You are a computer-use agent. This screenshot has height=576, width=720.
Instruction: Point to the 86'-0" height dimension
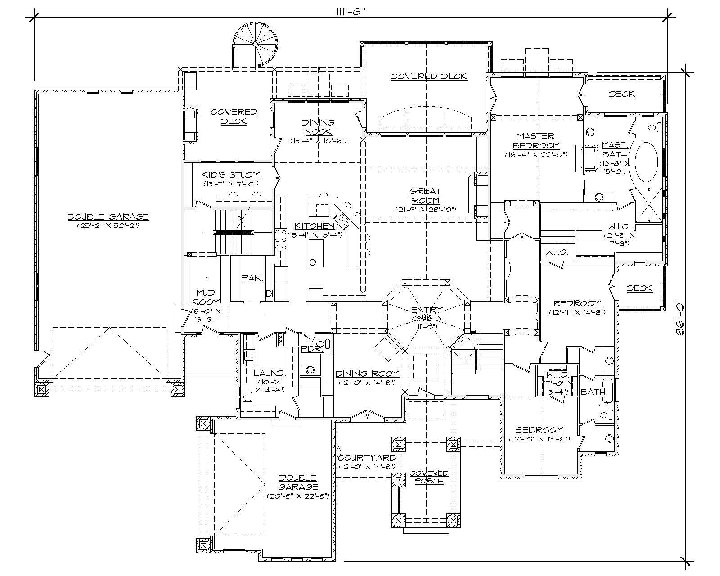(680, 318)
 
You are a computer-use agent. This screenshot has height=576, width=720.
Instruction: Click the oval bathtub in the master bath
(646, 161)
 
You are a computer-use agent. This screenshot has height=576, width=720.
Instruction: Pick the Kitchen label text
(314, 226)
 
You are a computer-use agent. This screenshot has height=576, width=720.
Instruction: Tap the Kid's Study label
(230, 175)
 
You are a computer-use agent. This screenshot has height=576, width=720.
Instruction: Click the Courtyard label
(367, 458)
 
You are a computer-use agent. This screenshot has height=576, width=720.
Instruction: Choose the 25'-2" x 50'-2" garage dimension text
(108, 226)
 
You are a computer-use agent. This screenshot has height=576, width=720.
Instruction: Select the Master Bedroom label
(535, 140)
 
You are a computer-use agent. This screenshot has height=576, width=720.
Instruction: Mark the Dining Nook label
(318, 127)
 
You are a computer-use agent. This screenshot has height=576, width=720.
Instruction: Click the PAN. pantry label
(252, 279)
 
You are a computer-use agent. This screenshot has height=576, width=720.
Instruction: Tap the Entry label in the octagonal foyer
(427, 310)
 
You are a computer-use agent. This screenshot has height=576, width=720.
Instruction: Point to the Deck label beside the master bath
(622, 94)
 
